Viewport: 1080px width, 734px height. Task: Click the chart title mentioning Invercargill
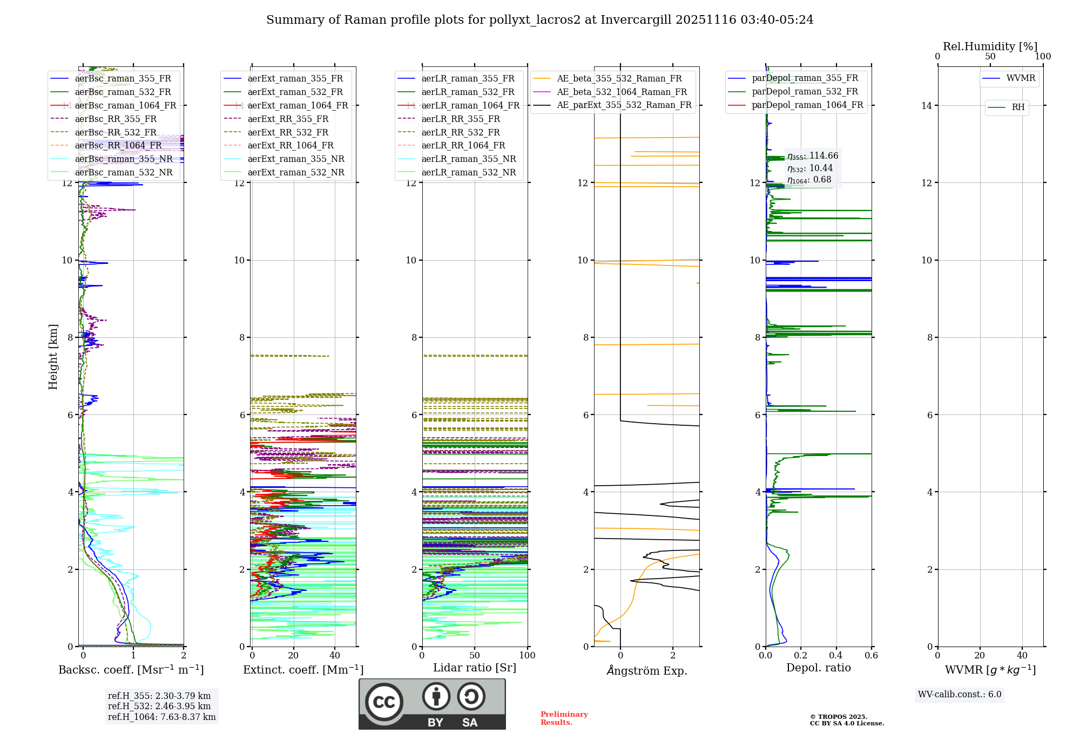[x=539, y=20]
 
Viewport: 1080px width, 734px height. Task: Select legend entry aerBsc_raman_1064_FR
[x=125, y=105]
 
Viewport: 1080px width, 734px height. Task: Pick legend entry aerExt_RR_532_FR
[x=288, y=132]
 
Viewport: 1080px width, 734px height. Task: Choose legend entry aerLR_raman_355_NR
[x=468, y=159]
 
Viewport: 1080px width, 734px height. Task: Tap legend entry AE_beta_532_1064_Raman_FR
[x=622, y=92]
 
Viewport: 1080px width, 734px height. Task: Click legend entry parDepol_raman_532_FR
[x=805, y=92]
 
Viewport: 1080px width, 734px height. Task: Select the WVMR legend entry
[x=1021, y=78]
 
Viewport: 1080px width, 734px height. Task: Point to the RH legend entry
[x=1018, y=107]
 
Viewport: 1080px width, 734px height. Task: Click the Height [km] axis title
[x=53, y=356]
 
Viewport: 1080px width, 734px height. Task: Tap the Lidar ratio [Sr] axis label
[x=474, y=668]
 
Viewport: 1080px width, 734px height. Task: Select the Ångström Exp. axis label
[x=646, y=670]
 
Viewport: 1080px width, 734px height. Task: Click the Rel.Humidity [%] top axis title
[x=990, y=46]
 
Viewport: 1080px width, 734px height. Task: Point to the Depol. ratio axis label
[x=818, y=668]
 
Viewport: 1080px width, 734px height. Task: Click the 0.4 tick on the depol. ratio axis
[x=836, y=655]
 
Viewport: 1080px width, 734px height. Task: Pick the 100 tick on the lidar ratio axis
[x=527, y=655]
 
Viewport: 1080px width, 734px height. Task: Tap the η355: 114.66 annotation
[x=813, y=156]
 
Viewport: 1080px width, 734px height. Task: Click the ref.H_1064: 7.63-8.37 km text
[x=161, y=717]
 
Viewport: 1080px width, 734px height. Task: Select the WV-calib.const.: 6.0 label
[x=960, y=695]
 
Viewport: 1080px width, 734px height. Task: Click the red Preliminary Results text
[x=564, y=718]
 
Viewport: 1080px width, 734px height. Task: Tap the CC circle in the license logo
[x=384, y=702]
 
